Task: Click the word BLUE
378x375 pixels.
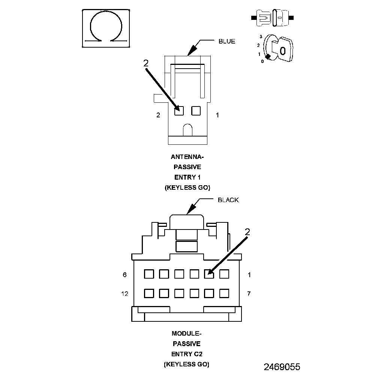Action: [227, 41]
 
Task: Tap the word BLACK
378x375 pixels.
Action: [228, 200]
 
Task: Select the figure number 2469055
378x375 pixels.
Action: [282, 366]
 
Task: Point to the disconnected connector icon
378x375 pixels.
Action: [273, 18]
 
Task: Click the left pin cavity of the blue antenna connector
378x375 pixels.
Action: [179, 111]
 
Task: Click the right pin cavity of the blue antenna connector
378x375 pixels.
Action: [196, 111]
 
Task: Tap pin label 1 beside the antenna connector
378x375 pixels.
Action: [217, 115]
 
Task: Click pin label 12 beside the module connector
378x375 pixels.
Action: [125, 294]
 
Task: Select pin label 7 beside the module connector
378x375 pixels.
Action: [249, 294]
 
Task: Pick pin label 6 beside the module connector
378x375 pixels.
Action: [125, 275]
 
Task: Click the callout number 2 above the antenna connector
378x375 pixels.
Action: [146, 63]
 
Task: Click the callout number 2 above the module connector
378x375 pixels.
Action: [247, 232]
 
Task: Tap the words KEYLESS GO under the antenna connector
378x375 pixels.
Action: [187, 187]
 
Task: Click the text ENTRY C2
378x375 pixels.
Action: [187, 354]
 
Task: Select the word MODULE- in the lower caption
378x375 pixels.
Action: [187, 333]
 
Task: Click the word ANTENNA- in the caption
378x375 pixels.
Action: [187, 157]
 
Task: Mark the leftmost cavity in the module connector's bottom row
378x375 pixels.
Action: [149, 293]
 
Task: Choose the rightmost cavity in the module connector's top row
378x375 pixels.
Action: [224, 274]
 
